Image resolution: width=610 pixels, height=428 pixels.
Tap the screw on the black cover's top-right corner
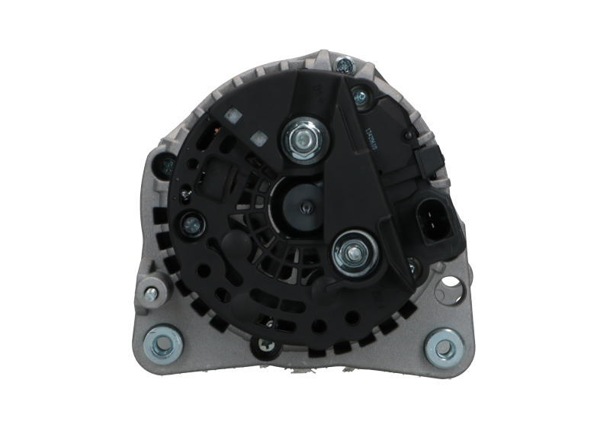tap(358, 97)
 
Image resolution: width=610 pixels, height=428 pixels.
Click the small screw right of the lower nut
tap(412, 266)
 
